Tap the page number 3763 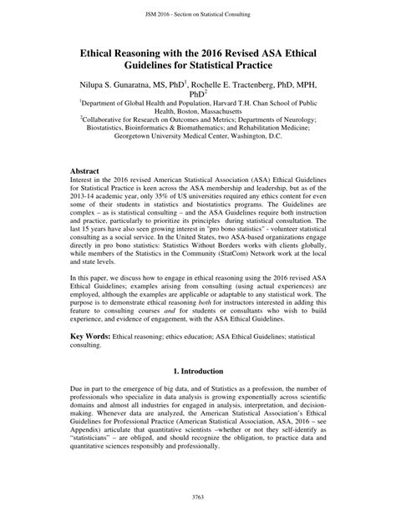point(198,498)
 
